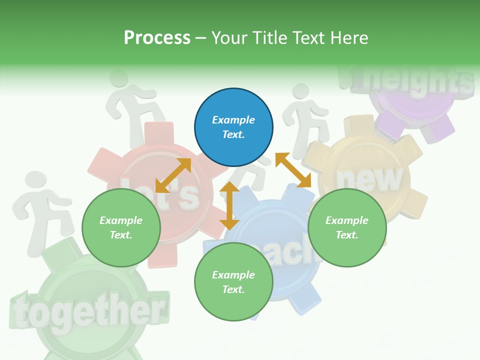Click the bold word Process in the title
[x=157, y=38]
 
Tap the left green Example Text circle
[x=121, y=228]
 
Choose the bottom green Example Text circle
[x=233, y=282]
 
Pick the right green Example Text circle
[x=347, y=228]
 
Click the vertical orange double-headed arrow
[x=229, y=205]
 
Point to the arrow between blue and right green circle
[x=293, y=170]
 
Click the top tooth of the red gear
[x=158, y=133]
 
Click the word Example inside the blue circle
[x=233, y=120]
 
